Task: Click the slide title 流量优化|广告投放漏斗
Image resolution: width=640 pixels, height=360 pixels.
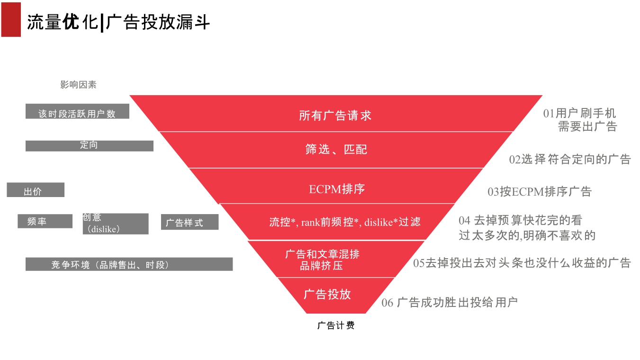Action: [118, 22]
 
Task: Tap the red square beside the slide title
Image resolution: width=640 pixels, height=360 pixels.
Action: [11, 19]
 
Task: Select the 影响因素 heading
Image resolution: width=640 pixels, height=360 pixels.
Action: [79, 85]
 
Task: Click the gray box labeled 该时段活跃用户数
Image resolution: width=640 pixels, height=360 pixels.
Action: [77, 111]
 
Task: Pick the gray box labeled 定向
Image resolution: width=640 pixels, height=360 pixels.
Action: [89, 146]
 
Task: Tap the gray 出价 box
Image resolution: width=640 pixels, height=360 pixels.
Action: [36, 190]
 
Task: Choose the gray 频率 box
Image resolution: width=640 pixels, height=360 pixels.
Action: [45, 221]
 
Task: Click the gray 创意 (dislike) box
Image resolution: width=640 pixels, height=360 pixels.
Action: [115, 224]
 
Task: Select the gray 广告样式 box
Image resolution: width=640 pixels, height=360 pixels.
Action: [189, 222]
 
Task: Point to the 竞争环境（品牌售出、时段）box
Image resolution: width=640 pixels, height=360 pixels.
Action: [129, 264]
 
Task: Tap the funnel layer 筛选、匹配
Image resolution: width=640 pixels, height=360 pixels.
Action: [335, 150]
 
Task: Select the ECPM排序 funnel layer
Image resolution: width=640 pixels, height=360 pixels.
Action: [336, 189]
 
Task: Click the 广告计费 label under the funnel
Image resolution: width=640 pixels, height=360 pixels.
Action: [335, 325]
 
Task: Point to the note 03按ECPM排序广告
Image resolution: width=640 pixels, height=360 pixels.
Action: [540, 192]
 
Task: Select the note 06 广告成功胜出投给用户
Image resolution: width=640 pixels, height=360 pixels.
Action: [450, 302]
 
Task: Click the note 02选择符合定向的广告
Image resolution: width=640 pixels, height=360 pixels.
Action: [570, 159]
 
